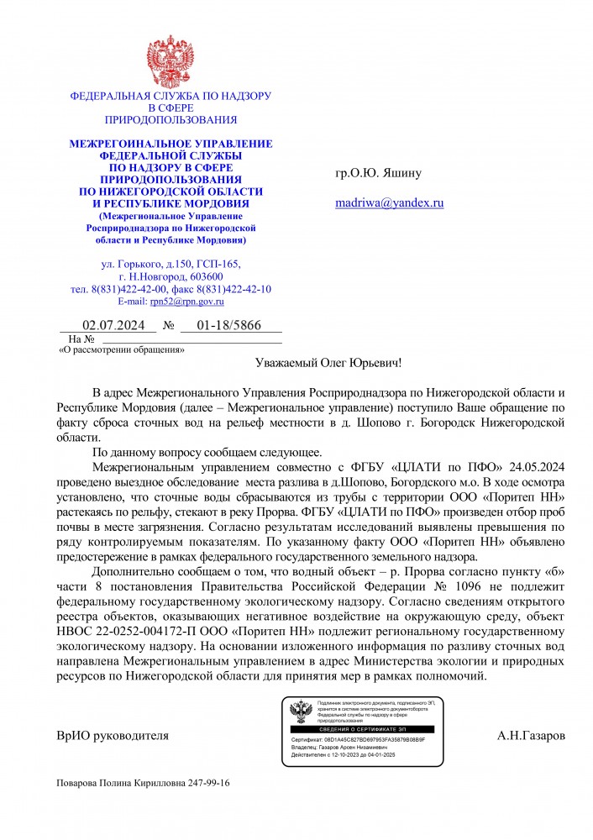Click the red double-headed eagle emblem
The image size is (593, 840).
click(171, 60)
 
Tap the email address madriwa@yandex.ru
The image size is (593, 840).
click(389, 202)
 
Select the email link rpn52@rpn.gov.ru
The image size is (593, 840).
click(186, 301)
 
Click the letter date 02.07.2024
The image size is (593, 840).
click(113, 325)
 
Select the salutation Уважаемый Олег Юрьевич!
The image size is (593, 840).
click(328, 363)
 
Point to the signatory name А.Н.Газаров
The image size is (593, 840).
click(531, 736)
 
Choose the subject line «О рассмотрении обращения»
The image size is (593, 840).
click(121, 349)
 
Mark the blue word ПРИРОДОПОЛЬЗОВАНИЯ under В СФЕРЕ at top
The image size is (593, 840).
click(171, 120)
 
